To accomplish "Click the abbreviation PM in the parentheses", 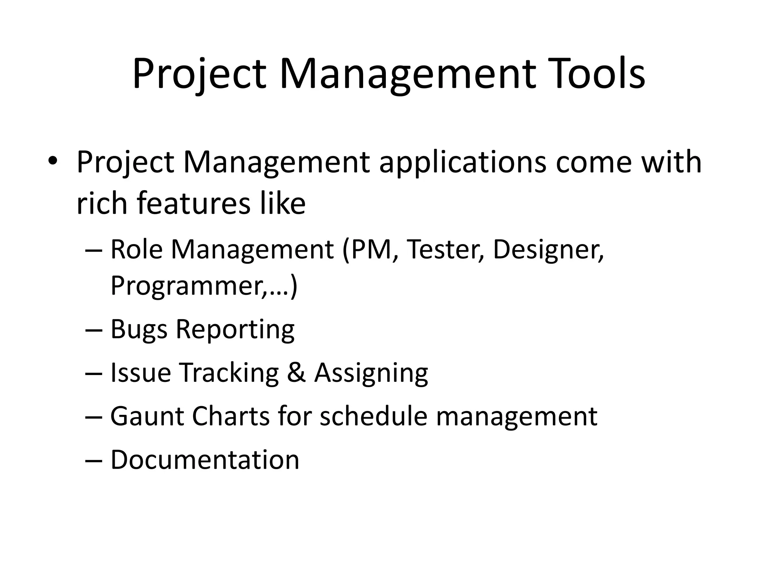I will [x=371, y=249].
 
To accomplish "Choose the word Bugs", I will [x=139, y=329].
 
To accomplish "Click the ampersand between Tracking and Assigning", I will [x=296, y=372].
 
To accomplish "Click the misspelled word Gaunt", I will [x=147, y=416].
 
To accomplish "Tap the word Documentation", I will [x=205, y=459].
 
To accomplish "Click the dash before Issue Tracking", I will [x=94, y=373].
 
